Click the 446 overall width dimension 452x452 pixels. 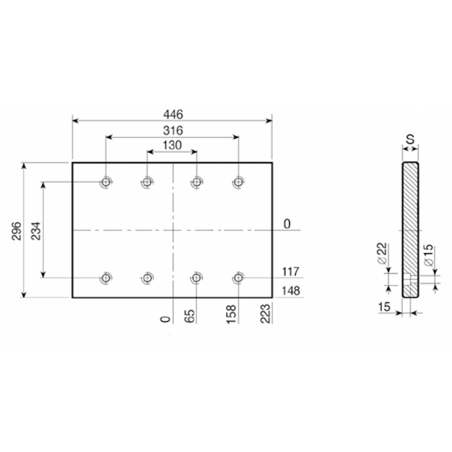coord(173,115)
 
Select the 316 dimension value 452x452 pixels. coord(173,131)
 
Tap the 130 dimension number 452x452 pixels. coord(172,145)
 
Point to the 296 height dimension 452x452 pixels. coord(16,231)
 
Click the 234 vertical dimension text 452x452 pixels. coord(36,231)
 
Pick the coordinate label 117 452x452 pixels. coord(290,272)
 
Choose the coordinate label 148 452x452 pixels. coord(291,290)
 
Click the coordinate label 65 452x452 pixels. coord(190,316)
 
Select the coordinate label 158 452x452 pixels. coord(232,314)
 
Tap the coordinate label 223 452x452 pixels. coord(266,314)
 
